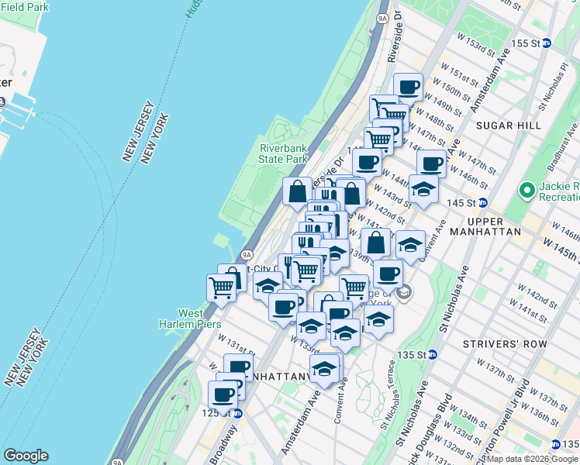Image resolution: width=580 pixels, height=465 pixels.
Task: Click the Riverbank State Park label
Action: (x=284, y=153)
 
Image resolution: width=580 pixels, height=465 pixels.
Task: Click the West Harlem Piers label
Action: (x=189, y=319)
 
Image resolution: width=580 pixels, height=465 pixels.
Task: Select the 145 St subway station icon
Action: (x=482, y=203)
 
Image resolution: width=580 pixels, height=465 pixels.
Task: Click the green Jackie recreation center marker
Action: (x=527, y=189)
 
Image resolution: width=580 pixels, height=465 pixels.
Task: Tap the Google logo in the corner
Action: (x=26, y=456)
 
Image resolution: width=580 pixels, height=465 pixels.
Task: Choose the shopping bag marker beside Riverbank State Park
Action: (x=297, y=190)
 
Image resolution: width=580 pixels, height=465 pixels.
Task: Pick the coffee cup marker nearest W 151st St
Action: (x=408, y=86)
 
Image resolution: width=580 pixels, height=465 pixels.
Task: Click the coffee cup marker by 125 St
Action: (x=223, y=394)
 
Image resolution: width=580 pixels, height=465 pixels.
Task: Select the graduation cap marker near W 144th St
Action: (x=423, y=188)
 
